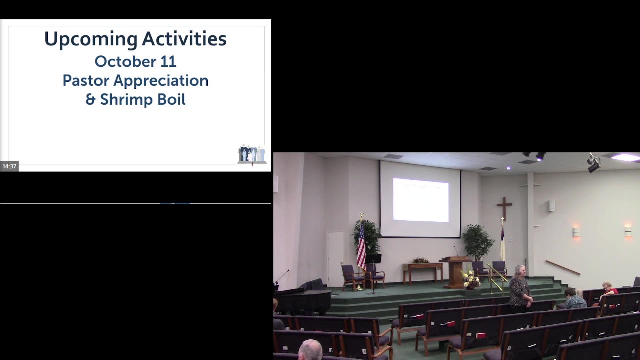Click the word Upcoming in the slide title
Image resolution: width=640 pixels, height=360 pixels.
pos(91,39)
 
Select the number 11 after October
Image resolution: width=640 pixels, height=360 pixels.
pos(168,61)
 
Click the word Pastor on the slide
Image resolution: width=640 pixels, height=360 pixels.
pos(86,80)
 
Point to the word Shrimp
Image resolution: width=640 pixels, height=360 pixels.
pos(125,100)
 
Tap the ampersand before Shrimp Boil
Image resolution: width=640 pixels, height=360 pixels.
pos(90,99)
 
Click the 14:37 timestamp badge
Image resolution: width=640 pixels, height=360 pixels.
pos(9,166)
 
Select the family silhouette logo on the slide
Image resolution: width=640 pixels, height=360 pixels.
pos(252,154)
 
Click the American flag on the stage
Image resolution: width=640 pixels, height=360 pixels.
pos(361,245)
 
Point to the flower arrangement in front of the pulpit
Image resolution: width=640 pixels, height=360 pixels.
pos(471,279)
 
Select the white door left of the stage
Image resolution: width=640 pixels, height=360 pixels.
pos(335,259)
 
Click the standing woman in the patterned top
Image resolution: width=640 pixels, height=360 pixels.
pos(520,289)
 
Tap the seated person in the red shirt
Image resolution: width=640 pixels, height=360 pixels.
pos(608,292)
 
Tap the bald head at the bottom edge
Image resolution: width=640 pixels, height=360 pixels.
pos(310,350)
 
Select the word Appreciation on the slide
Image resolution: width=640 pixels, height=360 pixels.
pos(161,81)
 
